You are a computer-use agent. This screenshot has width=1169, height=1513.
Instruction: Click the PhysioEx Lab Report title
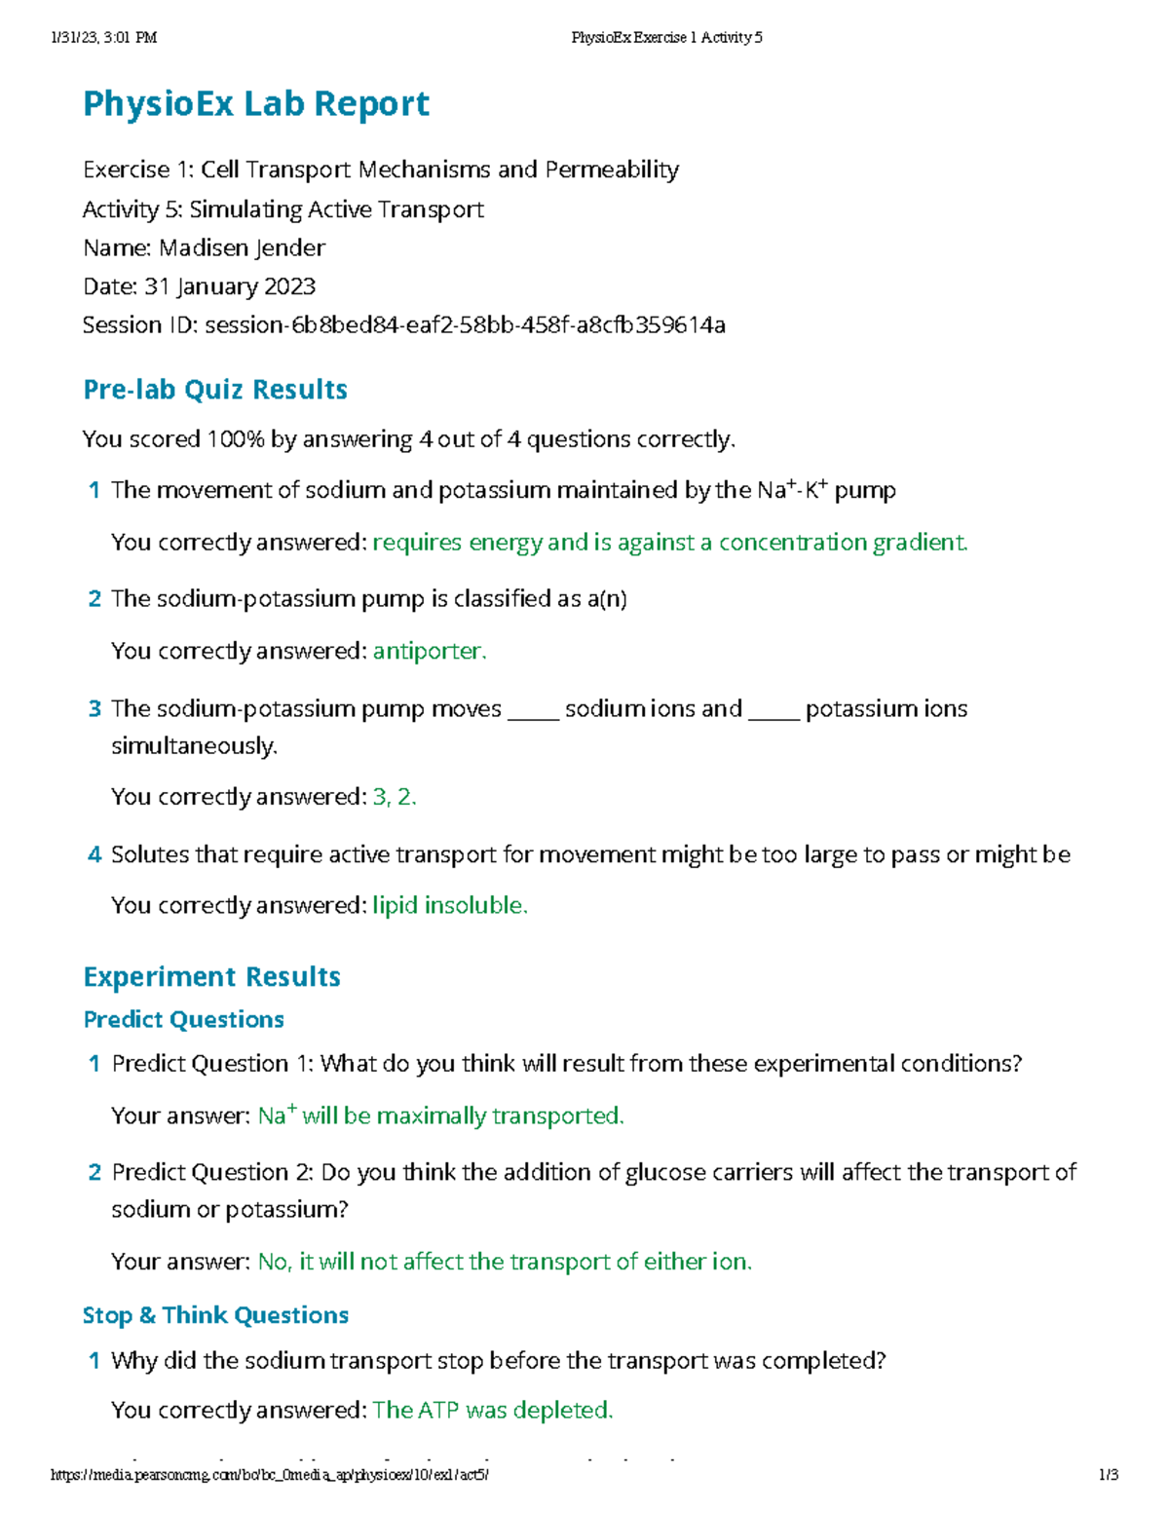[x=256, y=104]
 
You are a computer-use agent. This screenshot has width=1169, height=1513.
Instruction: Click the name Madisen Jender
[x=242, y=248]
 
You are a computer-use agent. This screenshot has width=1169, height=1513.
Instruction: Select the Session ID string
[x=465, y=325]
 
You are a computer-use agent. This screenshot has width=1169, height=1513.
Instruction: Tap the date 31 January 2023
[x=230, y=286]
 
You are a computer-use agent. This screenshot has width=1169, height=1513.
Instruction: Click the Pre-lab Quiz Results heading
[x=215, y=390]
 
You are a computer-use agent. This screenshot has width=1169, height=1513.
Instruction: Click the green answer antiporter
[x=429, y=651]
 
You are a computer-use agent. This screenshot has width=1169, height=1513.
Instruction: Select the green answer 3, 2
[x=394, y=797]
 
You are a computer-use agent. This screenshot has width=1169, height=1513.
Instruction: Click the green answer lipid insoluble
[x=449, y=906]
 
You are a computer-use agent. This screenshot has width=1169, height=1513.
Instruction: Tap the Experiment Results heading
[x=211, y=977]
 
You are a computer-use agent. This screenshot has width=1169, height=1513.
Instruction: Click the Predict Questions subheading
[x=183, y=1020]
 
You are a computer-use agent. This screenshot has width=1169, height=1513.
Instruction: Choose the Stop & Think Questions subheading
[x=215, y=1315]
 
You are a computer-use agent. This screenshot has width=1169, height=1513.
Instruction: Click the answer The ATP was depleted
[x=492, y=1411]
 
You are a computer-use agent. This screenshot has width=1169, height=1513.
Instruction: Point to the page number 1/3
[x=1108, y=1475]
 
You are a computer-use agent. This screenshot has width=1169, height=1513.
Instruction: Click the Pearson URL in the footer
[x=270, y=1475]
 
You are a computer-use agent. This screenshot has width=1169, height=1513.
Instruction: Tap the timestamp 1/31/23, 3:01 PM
[x=103, y=38]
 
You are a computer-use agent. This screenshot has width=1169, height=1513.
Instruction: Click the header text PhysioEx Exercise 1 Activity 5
[x=666, y=38]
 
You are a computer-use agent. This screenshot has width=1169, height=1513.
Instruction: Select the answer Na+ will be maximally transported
[x=440, y=1116]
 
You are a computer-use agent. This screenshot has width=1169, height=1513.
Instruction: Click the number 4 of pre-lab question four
[x=94, y=855]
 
